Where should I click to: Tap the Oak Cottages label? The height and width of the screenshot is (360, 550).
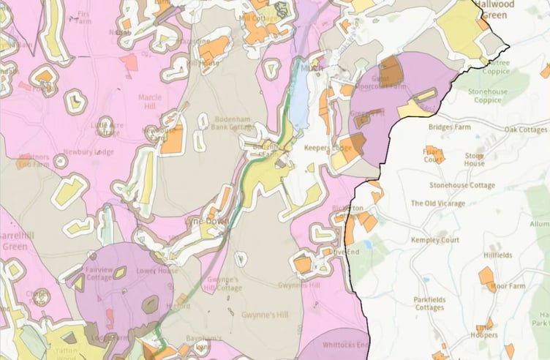tap(525, 130)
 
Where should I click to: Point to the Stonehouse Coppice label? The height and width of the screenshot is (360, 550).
tap(508, 97)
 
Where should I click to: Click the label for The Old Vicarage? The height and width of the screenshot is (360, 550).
tap(438, 203)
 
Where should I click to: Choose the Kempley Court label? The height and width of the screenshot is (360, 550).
tap(434, 240)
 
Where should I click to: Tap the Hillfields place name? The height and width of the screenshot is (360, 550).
tap(498, 255)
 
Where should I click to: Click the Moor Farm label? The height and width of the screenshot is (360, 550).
tap(508, 286)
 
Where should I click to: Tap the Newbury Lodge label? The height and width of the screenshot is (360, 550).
tap(88, 152)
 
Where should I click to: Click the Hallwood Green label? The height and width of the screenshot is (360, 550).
tap(515, 8)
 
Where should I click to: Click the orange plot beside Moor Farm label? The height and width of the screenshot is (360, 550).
tap(486, 277)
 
